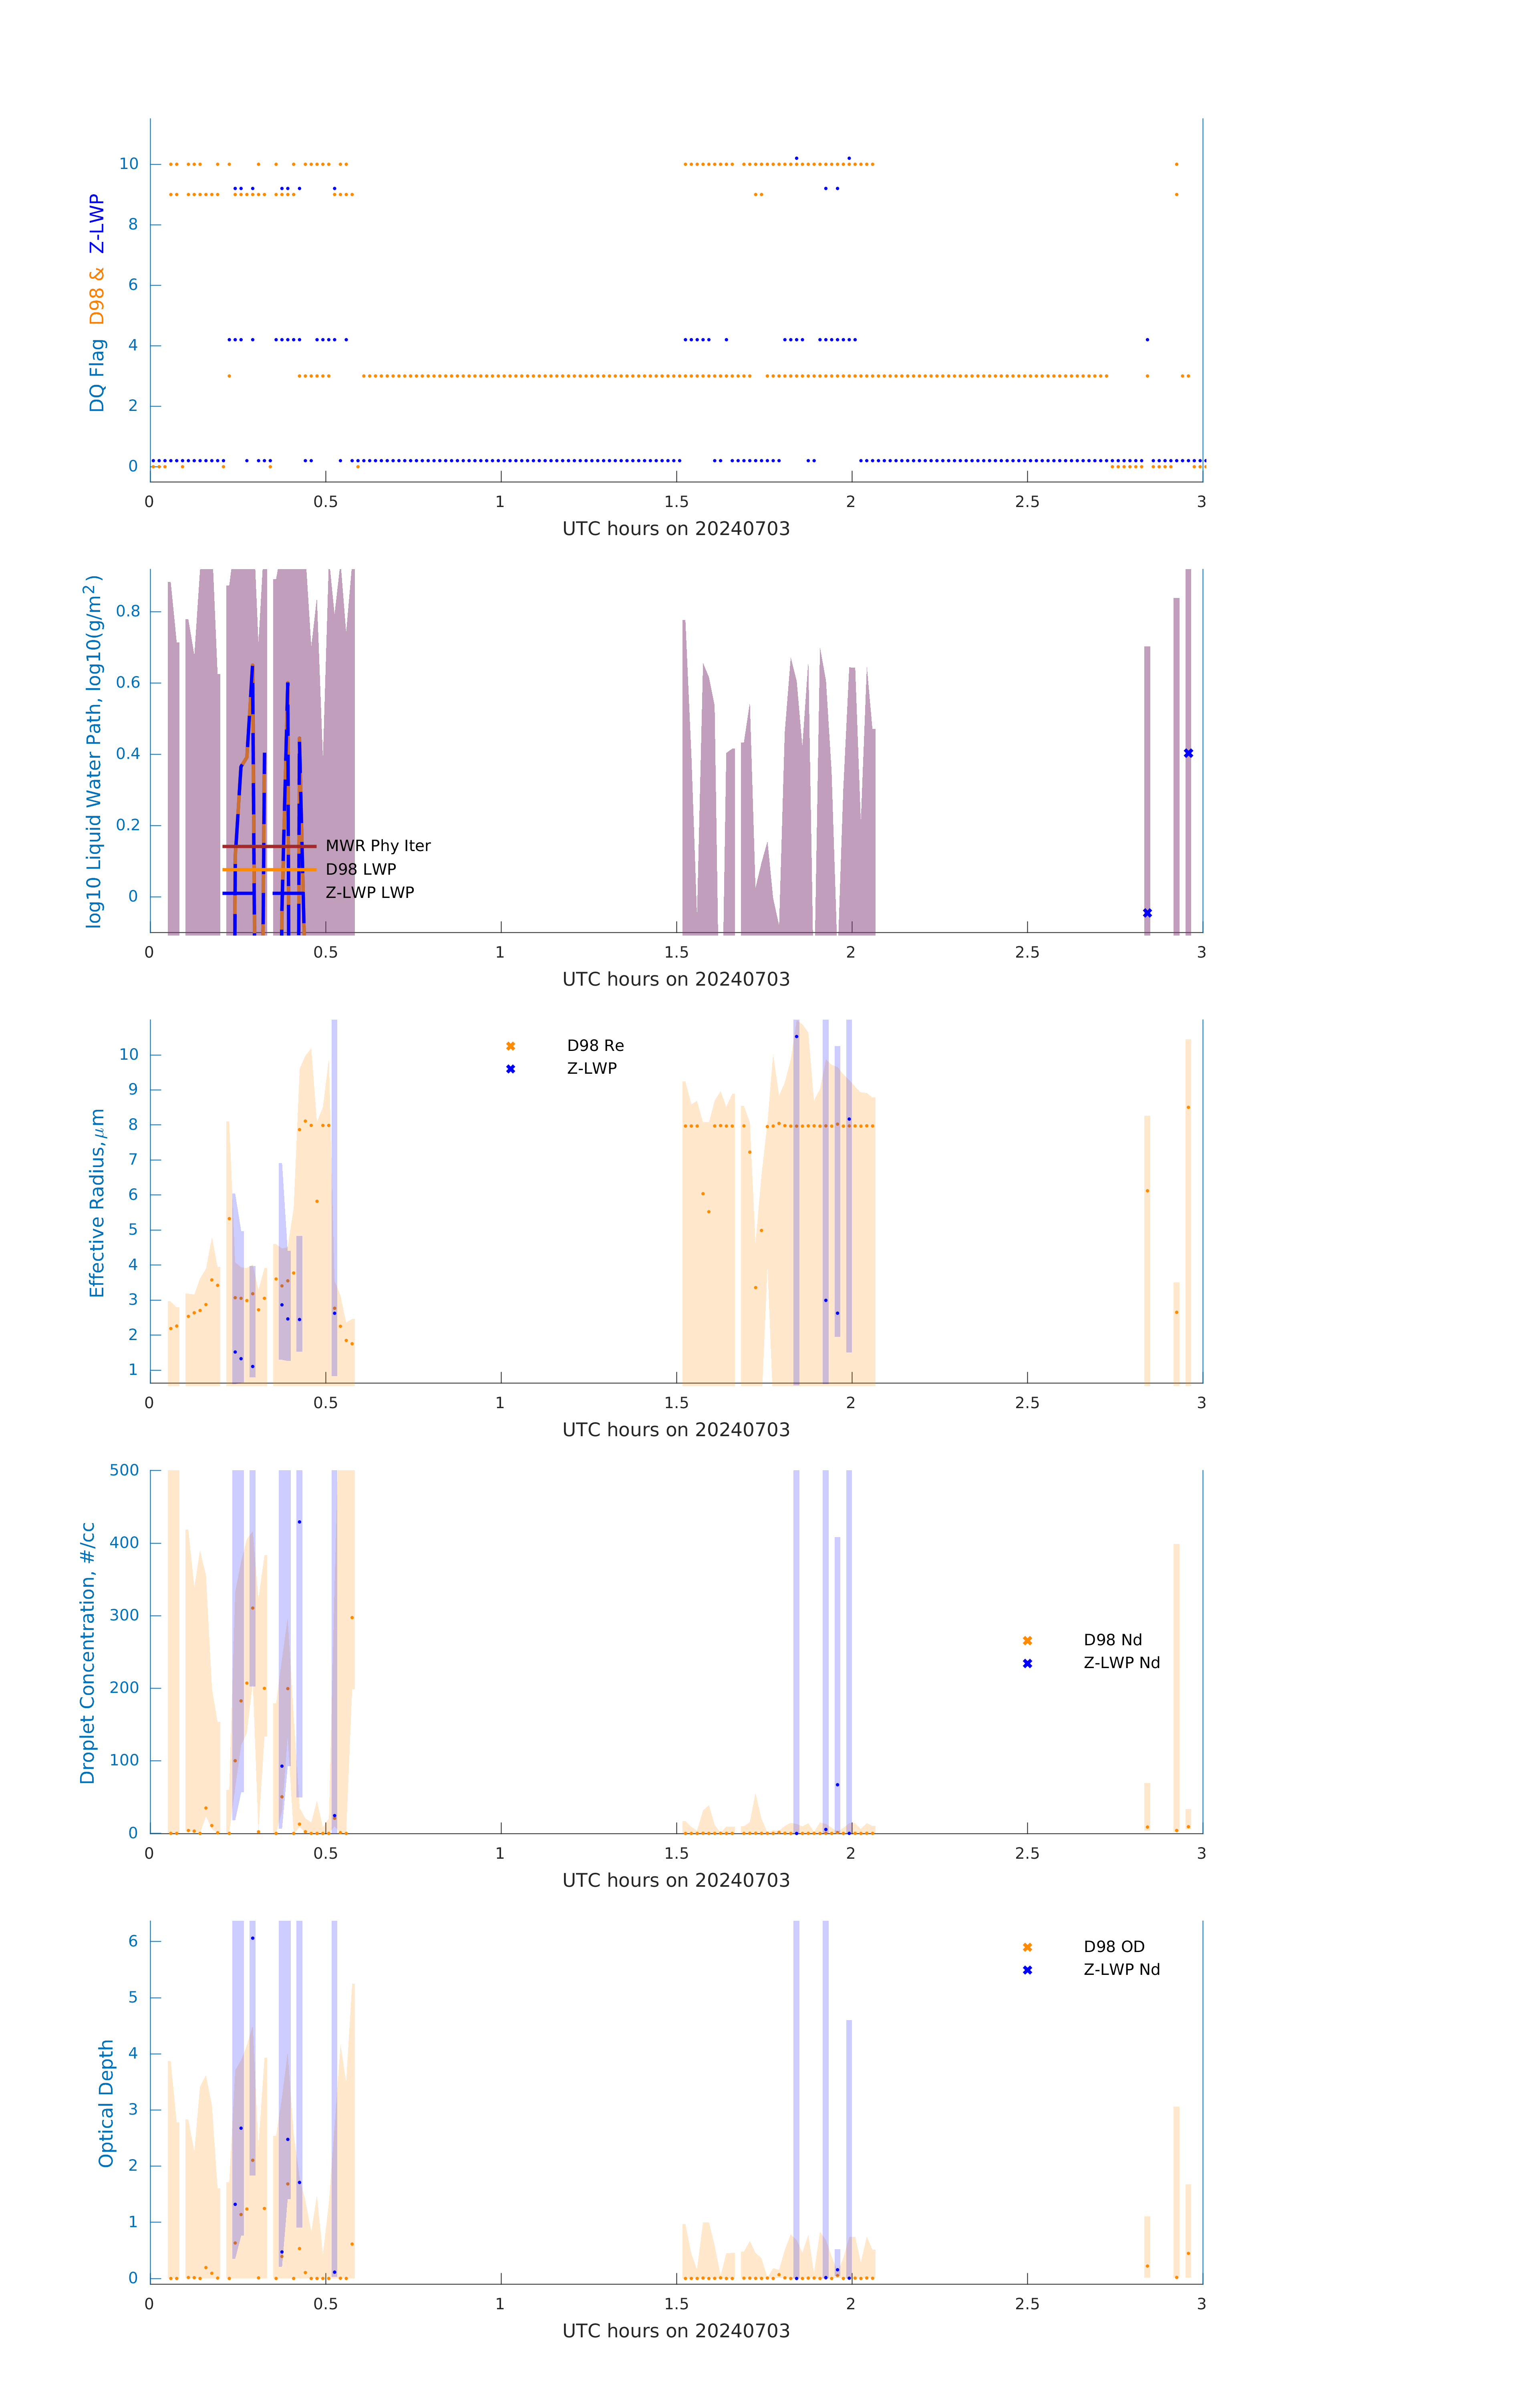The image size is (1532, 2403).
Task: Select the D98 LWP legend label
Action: [360, 869]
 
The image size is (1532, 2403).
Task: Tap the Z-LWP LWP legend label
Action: [369, 892]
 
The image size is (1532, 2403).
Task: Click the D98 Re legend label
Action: [595, 1046]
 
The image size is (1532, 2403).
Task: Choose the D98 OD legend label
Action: [1114, 1947]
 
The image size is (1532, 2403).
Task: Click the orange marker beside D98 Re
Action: [510, 1046]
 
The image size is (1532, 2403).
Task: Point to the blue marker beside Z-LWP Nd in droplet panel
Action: [1027, 1664]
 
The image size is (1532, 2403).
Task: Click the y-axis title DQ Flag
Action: [97, 375]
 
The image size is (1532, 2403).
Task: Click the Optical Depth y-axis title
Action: [106, 2103]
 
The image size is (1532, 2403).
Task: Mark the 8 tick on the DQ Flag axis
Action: [133, 225]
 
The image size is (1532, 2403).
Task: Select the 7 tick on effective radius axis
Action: [133, 1159]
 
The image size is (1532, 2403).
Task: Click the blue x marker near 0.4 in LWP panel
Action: [1188, 753]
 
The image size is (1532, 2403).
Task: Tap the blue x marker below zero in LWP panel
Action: [1147, 913]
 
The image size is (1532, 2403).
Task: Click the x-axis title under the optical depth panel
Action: [676, 2331]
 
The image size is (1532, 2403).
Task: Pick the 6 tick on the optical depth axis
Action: [133, 1941]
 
